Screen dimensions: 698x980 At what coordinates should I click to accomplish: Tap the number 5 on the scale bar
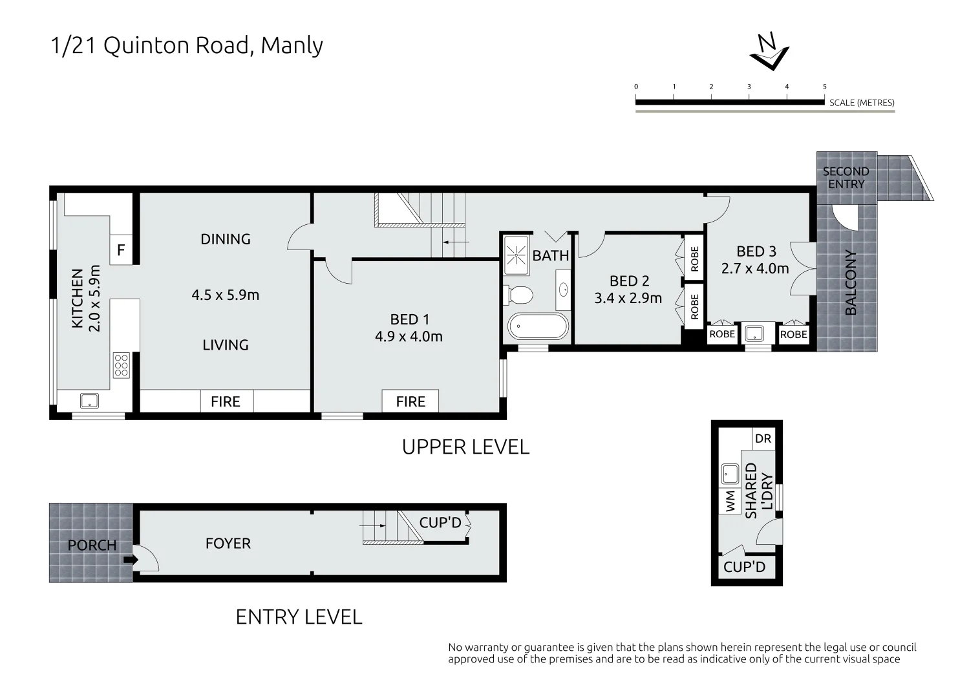point(824,87)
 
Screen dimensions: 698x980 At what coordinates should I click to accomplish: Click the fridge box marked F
point(121,250)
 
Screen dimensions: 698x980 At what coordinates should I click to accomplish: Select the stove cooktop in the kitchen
point(122,365)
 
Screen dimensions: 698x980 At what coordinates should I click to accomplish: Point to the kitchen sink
point(89,401)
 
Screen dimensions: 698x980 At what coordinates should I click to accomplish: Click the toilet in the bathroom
point(518,295)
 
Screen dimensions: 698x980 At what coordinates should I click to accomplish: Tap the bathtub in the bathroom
point(538,326)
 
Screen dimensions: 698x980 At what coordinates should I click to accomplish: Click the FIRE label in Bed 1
point(410,401)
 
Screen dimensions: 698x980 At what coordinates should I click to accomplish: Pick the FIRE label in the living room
point(225,401)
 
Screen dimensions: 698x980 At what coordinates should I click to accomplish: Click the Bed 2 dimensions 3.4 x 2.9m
point(628,298)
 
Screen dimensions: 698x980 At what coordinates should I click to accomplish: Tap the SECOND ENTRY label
point(846,178)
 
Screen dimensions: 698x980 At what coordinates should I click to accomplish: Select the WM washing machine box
point(730,502)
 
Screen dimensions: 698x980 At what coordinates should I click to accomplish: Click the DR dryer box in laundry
point(763,439)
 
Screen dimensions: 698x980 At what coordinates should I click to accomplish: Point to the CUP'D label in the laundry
point(745,567)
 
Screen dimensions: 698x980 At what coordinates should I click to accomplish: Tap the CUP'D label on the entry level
point(440,522)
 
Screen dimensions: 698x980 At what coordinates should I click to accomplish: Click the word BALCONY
point(851,282)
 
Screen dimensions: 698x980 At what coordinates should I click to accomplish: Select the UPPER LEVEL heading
point(465,447)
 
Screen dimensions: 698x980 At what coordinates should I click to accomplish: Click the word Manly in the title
point(292,45)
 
